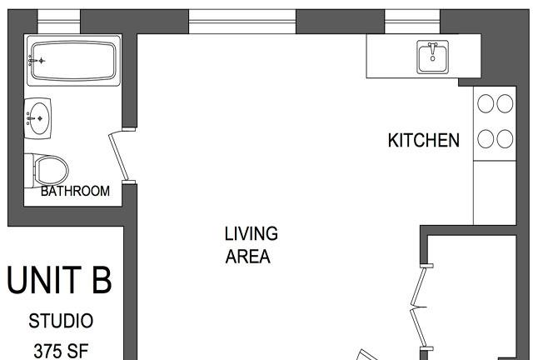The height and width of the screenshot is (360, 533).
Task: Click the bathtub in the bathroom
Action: (x=74, y=60)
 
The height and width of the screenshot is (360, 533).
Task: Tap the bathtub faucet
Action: (x=37, y=61)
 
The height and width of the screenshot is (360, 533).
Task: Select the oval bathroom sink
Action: (x=38, y=118)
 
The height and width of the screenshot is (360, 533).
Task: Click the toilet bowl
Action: (x=51, y=170)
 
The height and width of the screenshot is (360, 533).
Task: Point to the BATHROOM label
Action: (x=75, y=191)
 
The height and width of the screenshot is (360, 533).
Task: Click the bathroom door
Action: (x=118, y=156)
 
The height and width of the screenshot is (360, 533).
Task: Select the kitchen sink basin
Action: (x=432, y=57)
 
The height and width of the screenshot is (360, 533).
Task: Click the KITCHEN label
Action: (x=424, y=140)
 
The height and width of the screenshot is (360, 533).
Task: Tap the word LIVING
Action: (x=252, y=233)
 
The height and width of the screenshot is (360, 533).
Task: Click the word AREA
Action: (x=248, y=257)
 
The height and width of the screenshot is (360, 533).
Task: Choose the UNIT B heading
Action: (x=59, y=280)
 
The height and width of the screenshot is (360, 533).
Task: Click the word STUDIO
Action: (x=61, y=321)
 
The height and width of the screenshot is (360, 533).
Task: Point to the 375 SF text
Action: (x=61, y=351)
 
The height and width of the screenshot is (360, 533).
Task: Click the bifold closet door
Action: (x=419, y=307)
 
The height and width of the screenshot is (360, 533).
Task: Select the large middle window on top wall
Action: (x=242, y=22)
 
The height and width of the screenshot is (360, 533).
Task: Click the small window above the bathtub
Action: (x=58, y=22)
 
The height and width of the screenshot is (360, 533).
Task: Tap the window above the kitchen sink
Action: (x=412, y=22)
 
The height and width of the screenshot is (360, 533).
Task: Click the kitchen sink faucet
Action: (x=432, y=49)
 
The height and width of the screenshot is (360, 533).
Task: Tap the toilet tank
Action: (x=29, y=170)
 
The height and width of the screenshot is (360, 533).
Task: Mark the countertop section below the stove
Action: (x=495, y=192)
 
